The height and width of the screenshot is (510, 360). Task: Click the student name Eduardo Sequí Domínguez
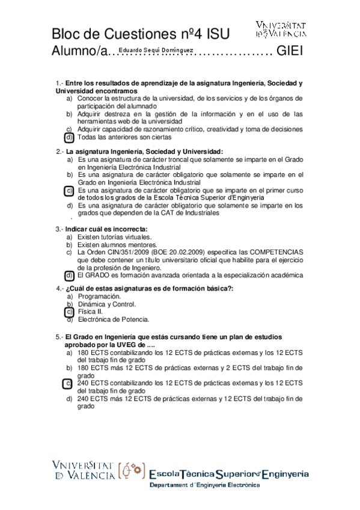pos(156,51)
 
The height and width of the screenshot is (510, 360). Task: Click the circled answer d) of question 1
pos(69,137)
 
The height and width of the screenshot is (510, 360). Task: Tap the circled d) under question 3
pos(69,275)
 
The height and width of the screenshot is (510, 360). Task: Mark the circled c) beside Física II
pos(69,312)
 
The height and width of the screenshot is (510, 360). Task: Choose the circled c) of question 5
pos(69,383)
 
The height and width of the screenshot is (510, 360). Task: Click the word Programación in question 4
pos(99,296)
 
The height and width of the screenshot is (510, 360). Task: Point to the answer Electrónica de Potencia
pos(114,319)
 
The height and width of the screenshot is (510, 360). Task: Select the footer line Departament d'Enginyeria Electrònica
pos(204,486)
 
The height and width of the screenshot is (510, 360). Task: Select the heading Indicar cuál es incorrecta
pos(106,229)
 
